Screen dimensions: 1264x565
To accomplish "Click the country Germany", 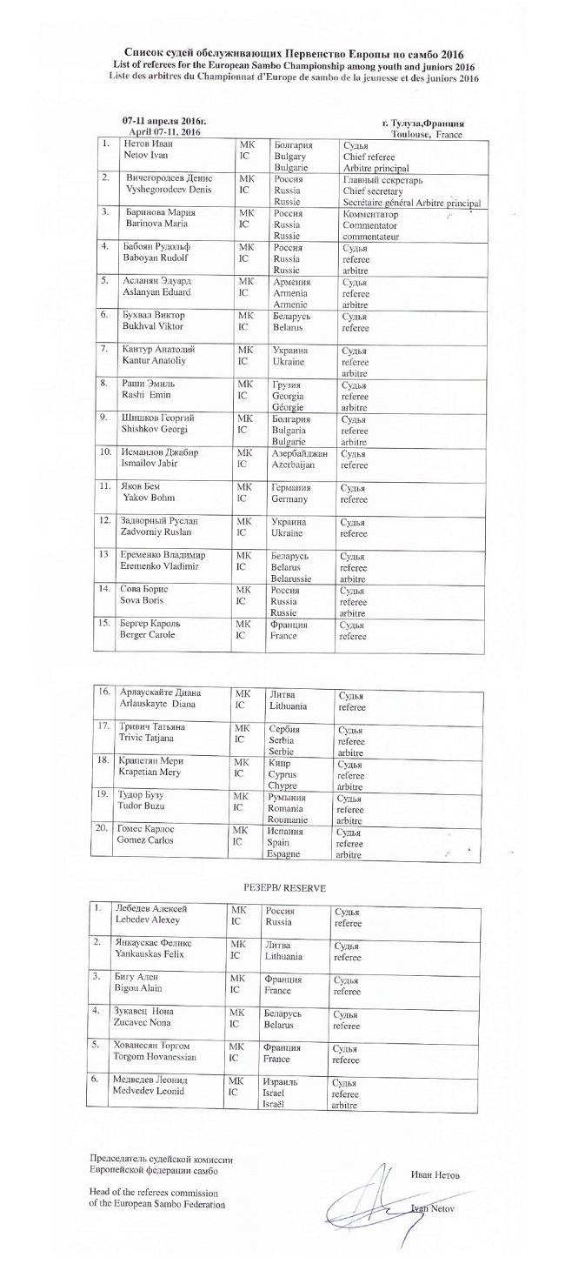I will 293,499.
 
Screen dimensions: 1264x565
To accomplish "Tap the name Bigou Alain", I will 139,990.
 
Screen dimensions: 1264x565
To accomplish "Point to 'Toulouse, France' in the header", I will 426,136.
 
